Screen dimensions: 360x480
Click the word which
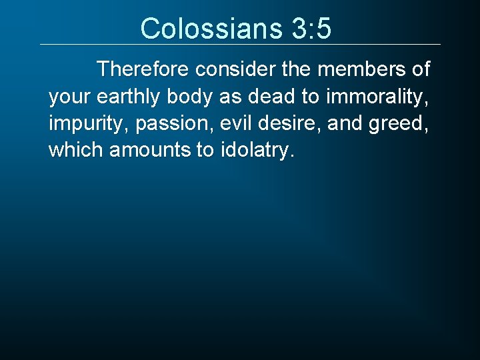[x=75, y=150]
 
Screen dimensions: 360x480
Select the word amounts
[x=149, y=150]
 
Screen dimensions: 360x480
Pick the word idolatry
[x=256, y=151]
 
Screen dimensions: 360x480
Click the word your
[x=69, y=97]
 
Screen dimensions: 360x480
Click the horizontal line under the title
[x=240, y=45]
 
